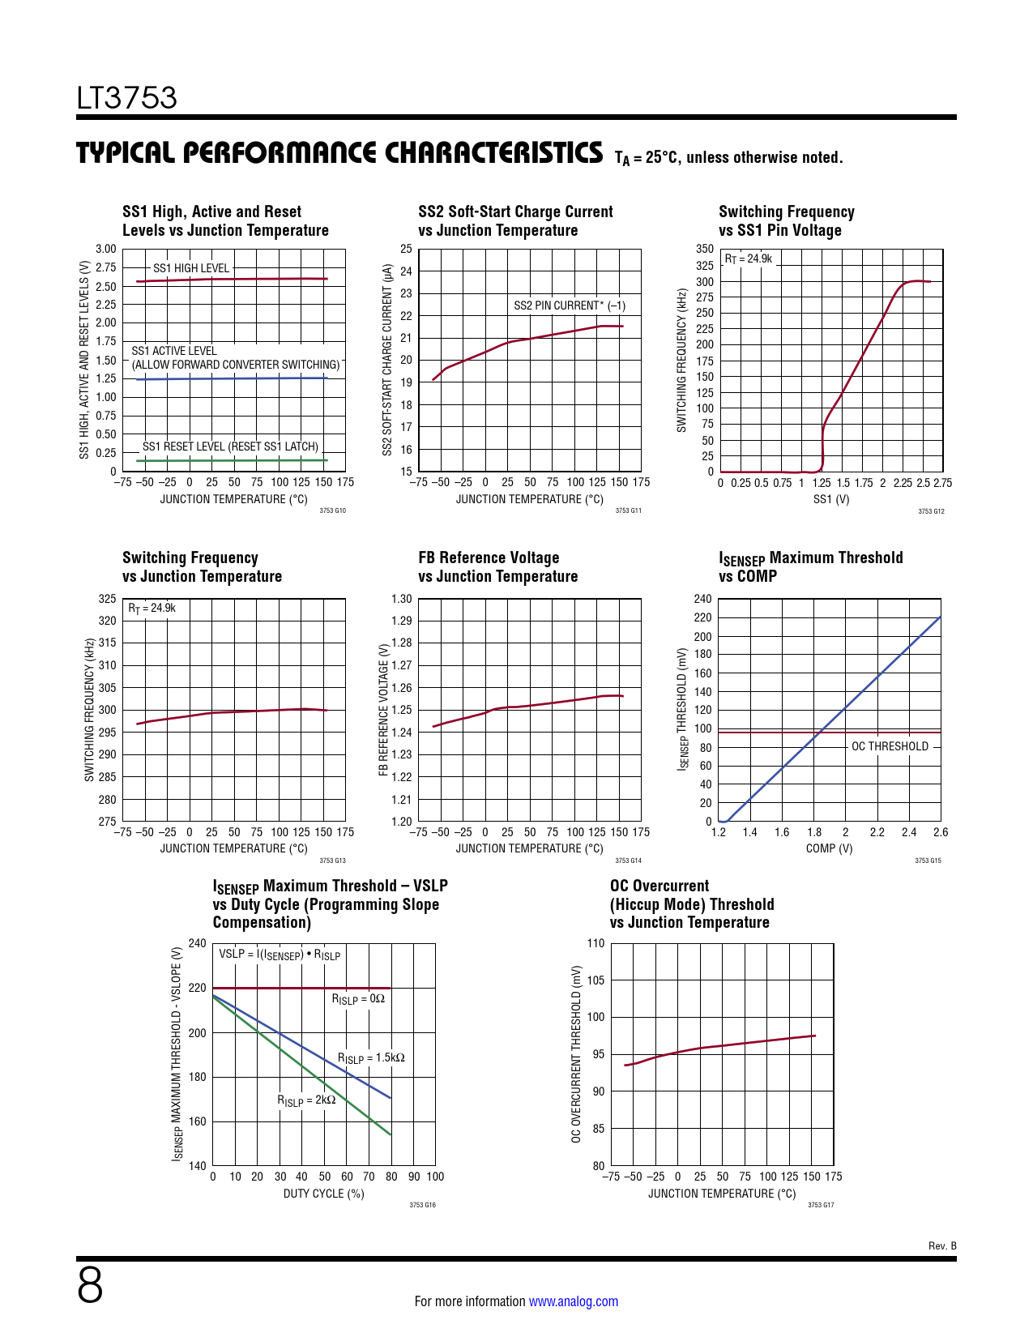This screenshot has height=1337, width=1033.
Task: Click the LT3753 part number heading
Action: [x=126, y=98]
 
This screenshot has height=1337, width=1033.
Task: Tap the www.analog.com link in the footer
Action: [x=573, y=1301]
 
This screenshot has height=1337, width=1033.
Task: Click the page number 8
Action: [x=90, y=1286]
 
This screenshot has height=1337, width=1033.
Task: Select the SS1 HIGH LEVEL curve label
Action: [x=191, y=268]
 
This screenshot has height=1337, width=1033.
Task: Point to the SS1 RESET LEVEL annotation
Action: [x=230, y=446]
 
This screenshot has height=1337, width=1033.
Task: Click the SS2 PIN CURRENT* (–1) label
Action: [x=570, y=305]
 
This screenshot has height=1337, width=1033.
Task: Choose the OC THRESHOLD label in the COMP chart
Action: [x=890, y=746]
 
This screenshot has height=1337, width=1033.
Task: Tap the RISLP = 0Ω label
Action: [x=358, y=999]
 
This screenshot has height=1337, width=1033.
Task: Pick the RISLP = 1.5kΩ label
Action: [x=371, y=1058]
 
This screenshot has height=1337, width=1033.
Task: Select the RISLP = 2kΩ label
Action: [x=306, y=1100]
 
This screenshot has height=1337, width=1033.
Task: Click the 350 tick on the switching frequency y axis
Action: [x=705, y=249]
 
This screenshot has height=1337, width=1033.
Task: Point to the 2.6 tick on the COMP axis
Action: [x=940, y=832]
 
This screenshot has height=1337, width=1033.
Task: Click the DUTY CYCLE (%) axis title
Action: [x=323, y=1194]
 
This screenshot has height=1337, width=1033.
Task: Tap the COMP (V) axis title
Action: [x=829, y=848]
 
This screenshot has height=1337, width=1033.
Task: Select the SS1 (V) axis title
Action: [x=831, y=499]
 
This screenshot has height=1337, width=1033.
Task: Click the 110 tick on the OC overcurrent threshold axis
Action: [x=595, y=943]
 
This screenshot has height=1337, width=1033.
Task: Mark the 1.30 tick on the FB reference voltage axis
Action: [x=401, y=599]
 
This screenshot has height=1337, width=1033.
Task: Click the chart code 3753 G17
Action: [x=820, y=1205]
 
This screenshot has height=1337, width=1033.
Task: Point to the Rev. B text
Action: [x=942, y=1246]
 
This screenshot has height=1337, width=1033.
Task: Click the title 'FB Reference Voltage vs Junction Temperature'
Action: [x=497, y=567]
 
